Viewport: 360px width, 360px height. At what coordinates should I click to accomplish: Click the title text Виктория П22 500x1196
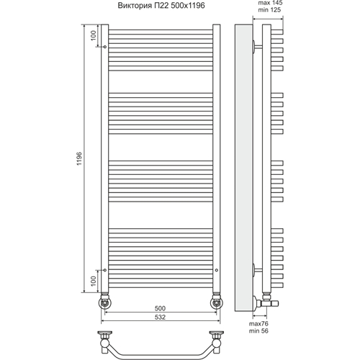pos(161,6)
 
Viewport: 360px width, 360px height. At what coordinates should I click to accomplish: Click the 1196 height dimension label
pos(79,158)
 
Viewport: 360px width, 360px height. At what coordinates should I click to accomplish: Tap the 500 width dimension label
pos(160,308)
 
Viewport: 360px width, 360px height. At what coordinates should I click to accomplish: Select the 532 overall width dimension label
pos(160,317)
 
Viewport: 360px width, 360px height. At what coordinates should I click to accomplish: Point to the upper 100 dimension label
pos(94,35)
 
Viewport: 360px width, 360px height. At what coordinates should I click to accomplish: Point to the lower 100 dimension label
pos(94,281)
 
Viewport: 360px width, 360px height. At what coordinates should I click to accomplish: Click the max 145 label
pos(270,3)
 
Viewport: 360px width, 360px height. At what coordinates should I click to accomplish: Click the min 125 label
pos(269,10)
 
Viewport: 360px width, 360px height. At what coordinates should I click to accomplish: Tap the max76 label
pos(258,323)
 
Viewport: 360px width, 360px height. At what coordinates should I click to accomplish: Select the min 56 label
pos(258,330)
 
